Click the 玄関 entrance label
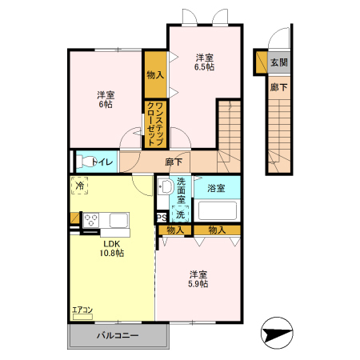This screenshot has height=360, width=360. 279,62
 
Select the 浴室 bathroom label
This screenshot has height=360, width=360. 216,189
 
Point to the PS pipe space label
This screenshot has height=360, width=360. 161,217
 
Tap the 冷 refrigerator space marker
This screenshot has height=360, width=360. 80,186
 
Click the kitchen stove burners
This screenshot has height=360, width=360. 90,218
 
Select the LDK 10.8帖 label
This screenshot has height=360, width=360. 111,248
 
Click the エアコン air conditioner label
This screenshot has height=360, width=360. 82,310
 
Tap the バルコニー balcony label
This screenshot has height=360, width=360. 118,337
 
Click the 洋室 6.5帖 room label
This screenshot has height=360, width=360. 205,62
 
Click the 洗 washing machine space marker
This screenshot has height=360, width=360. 180,214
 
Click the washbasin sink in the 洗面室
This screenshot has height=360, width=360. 166,187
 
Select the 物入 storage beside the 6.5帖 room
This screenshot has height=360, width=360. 155,75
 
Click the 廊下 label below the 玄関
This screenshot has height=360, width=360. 278,87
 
